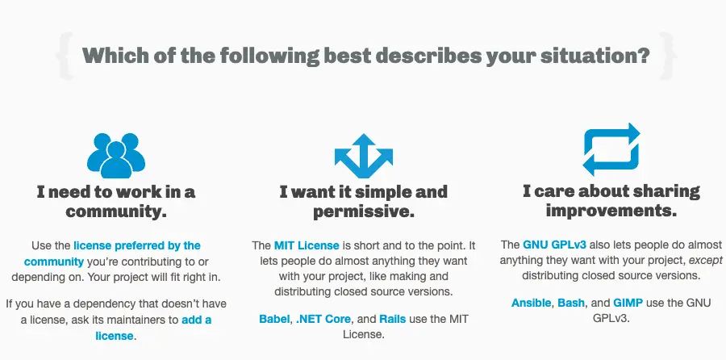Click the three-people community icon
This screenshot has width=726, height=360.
pyautogui.click(x=115, y=155)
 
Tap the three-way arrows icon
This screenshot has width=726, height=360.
pyautogui.click(x=364, y=156)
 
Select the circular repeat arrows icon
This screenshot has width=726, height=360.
pyautogui.click(x=611, y=149)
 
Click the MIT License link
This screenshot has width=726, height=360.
pyautogui.click(x=307, y=245)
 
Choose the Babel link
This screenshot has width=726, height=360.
pyautogui.click(x=274, y=319)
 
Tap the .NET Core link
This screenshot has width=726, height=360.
pyautogui.click(x=323, y=319)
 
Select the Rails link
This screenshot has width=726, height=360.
pyautogui.click(x=393, y=319)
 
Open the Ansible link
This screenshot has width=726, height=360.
pyautogui.click(x=531, y=303)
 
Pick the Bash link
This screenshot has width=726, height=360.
pyautogui.click(x=571, y=303)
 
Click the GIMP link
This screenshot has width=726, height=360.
pyautogui.click(x=628, y=303)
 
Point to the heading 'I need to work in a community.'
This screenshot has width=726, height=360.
pyautogui.click(x=115, y=202)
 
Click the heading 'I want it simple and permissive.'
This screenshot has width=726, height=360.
pyautogui.click(x=364, y=202)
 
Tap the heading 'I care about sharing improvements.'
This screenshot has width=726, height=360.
pyautogui.click(x=611, y=201)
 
